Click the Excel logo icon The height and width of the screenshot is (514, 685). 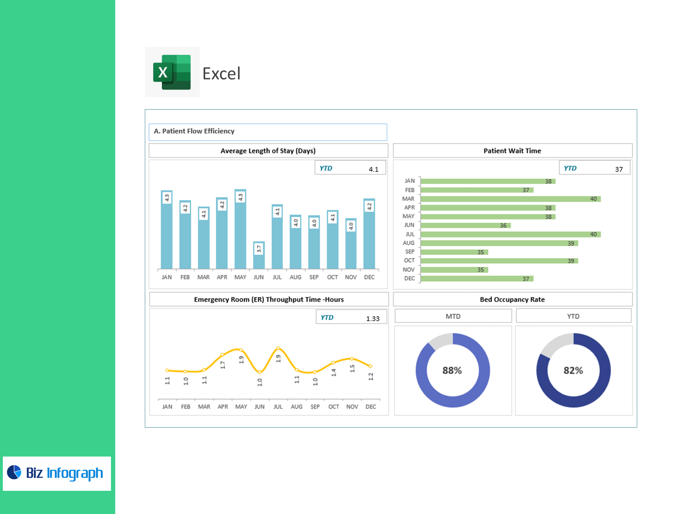(172, 72)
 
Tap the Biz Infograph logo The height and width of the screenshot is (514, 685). (57, 473)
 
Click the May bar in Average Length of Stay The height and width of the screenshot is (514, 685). (240, 230)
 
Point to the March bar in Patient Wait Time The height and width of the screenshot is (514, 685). (510, 199)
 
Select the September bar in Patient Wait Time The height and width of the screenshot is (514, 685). (454, 252)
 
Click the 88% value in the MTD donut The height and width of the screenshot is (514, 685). (452, 371)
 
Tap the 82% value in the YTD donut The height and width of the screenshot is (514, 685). (573, 371)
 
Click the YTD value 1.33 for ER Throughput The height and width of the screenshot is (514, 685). (372, 318)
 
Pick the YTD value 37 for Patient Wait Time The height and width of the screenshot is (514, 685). (619, 169)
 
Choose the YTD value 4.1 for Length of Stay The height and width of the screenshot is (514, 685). (373, 169)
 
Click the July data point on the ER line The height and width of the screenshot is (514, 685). (278, 348)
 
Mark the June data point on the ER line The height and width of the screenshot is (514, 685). (259, 372)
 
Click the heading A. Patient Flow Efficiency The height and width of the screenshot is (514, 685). (194, 131)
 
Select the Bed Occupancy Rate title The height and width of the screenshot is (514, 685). (512, 299)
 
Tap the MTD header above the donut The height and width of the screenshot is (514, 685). (453, 316)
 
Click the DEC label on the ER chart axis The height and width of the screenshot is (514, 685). (371, 407)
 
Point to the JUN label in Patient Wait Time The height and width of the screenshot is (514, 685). (409, 225)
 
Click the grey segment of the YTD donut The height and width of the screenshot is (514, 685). (557, 343)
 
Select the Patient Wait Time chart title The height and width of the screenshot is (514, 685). (512, 151)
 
